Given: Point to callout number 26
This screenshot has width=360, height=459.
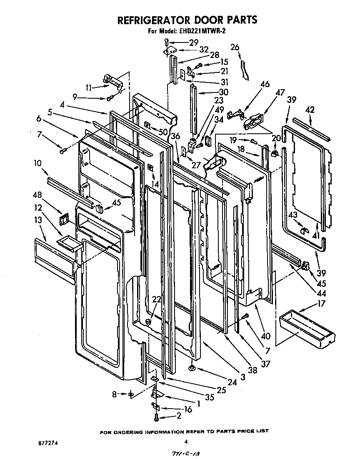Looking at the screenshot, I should pyautogui.click(x=235, y=47).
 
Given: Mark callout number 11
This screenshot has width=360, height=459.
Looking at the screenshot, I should pyautogui.click(x=89, y=87).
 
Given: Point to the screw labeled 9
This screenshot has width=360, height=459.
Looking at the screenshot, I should pyautogui.click(x=111, y=98).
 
